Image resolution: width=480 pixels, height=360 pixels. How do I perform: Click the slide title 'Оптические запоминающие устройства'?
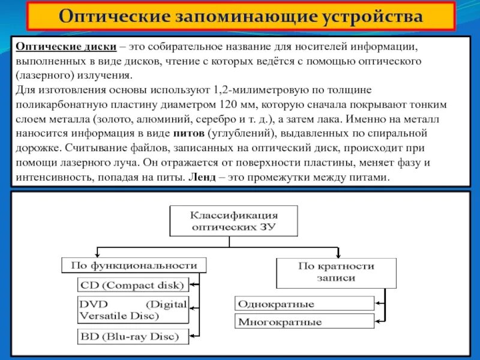[240, 16]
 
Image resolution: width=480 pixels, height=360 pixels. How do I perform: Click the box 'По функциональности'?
[134, 265]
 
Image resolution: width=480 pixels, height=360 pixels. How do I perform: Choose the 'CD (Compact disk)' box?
[132, 284]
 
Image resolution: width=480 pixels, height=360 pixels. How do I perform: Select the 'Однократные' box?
[304, 303]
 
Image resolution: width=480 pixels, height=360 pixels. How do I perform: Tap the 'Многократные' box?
[304, 322]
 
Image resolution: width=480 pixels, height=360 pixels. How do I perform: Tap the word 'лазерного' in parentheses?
[44, 76]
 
